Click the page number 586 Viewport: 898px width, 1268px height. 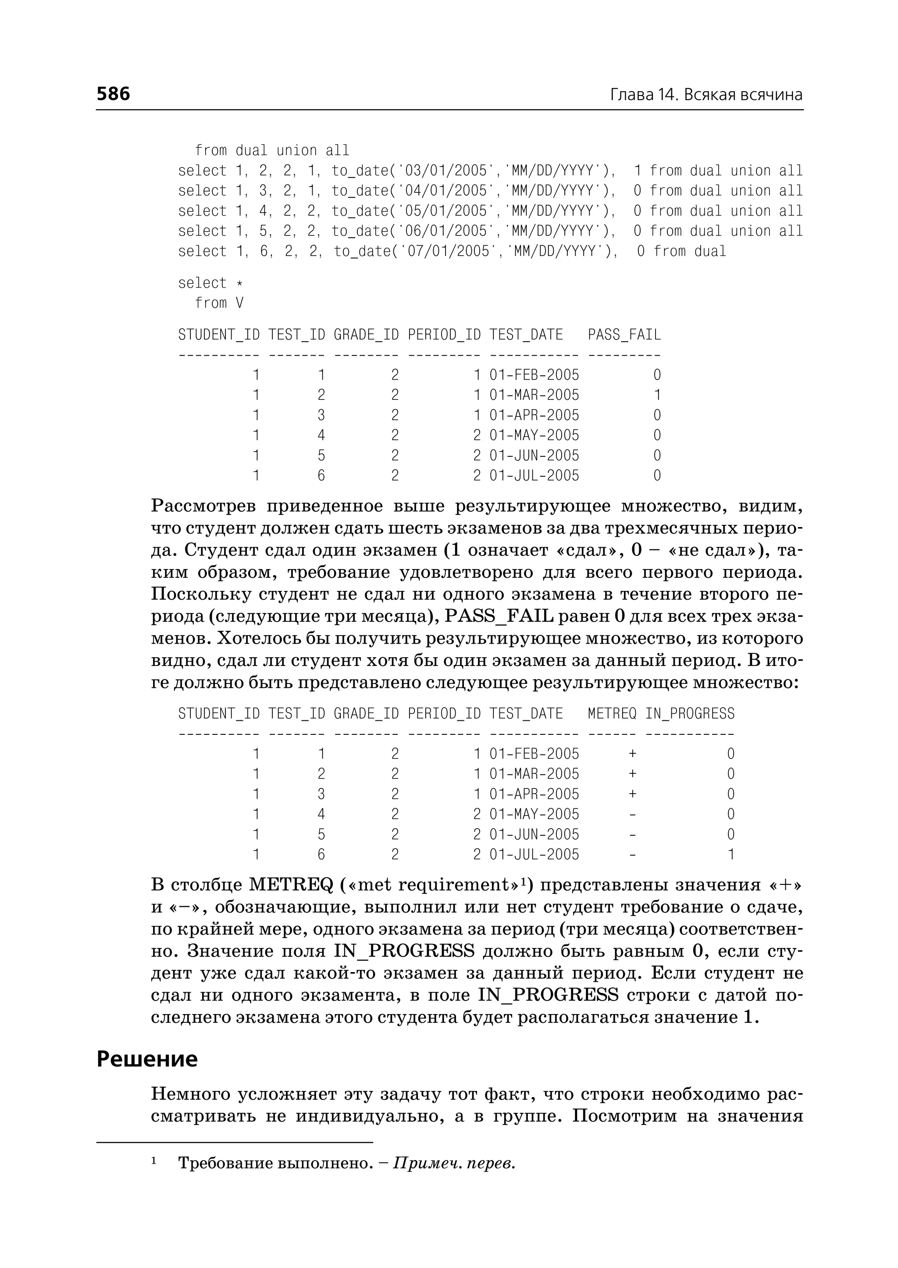click(x=114, y=93)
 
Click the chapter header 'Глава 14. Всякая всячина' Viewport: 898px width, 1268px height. click(x=706, y=95)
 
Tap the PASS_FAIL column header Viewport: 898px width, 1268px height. click(x=624, y=335)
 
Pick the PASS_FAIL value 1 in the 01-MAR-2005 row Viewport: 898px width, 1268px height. click(x=657, y=395)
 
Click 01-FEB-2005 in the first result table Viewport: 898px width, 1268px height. click(x=534, y=375)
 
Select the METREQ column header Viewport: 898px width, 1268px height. click(x=612, y=713)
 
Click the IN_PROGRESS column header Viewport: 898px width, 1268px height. click(x=690, y=713)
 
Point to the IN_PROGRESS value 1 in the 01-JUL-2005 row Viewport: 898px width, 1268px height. click(x=731, y=855)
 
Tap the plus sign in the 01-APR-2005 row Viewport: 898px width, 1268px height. click(x=633, y=794)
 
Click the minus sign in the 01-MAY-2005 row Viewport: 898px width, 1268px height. click(x=633, y=814)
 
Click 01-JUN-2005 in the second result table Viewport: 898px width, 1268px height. click(x=534, y=834)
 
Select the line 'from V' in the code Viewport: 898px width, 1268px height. click(x=219, y=303)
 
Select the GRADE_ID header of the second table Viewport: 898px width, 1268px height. click(x=366, y=713)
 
